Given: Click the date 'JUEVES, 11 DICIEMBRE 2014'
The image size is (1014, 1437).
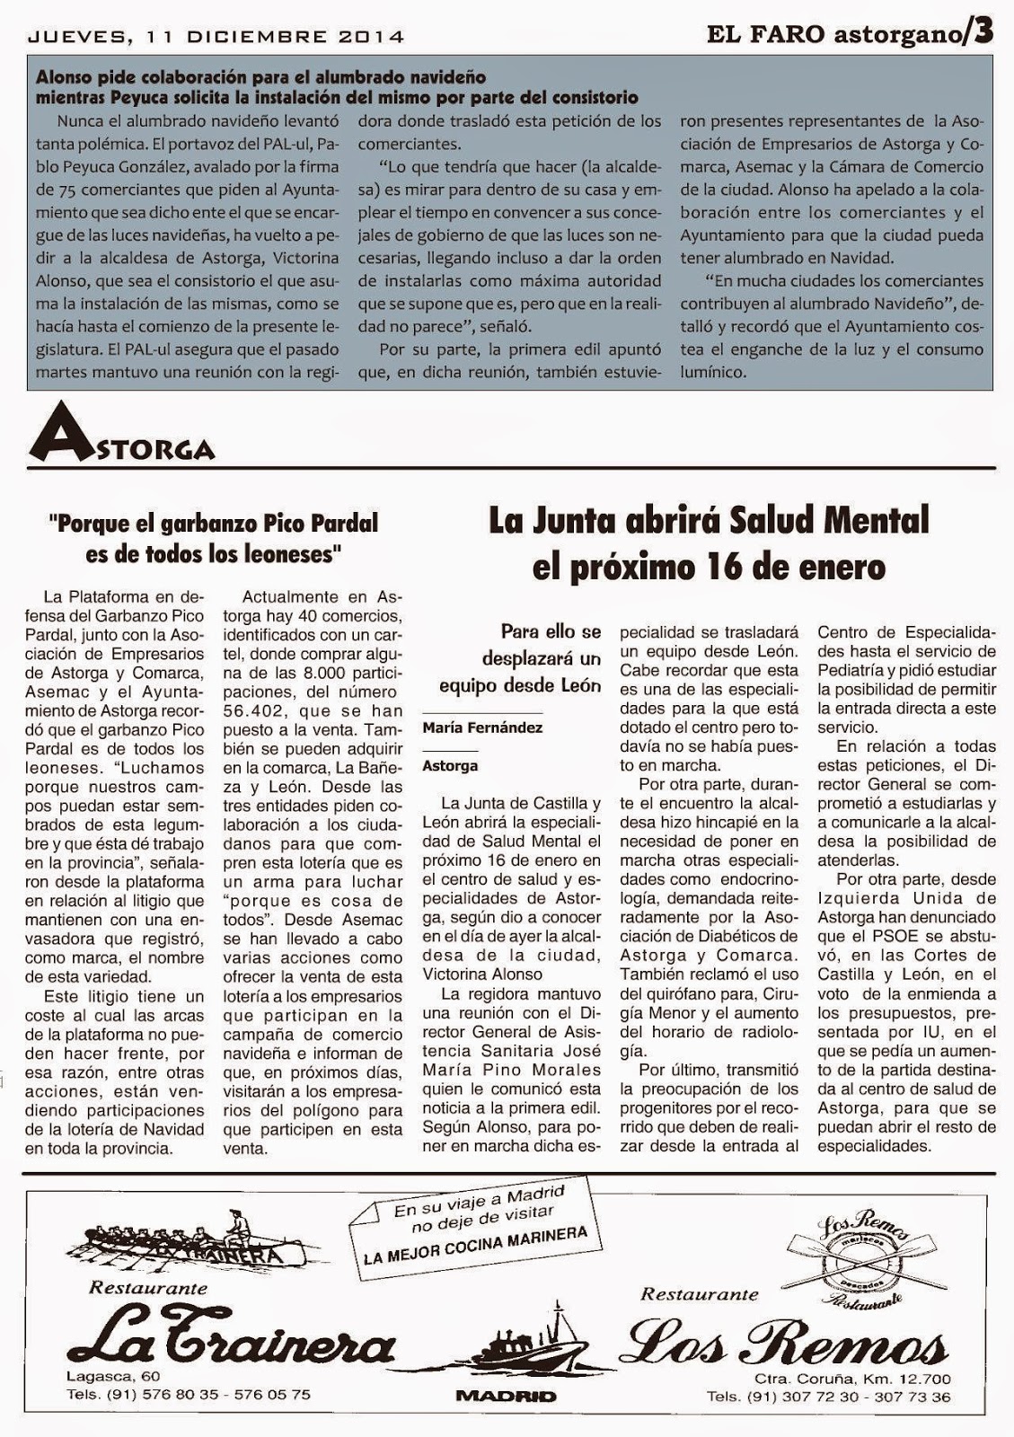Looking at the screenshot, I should [x=216, y=37].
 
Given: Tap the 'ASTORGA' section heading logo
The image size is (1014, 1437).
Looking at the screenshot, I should [x=122, y=441].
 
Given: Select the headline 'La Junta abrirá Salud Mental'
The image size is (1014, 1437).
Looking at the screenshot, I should [x=709, y=520].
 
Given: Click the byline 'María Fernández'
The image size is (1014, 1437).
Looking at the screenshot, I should [x=482, y=727].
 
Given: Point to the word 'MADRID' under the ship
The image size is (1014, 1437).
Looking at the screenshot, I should [x=506, y=1396].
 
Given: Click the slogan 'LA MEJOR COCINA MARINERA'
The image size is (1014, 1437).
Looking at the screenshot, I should [x=475, y=1245].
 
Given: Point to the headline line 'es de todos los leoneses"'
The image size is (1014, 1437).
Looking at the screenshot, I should [x=215, y=554].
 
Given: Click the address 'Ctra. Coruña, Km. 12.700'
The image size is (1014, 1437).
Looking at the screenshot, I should [x=852, y=1379].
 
